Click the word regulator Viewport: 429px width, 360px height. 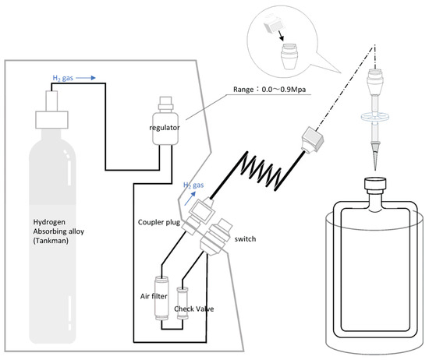tap(165, 128)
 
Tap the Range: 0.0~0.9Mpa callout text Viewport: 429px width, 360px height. tap(270, 90)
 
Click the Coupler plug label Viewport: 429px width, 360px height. tap(158, 222)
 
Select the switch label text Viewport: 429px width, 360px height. tap(245, 239)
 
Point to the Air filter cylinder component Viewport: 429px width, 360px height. tap(161, 298)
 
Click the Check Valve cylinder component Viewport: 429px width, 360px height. tap(183, 303)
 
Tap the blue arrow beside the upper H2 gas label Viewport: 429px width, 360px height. tap(86, 78)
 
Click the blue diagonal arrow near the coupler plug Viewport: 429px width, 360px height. tap(190, 198)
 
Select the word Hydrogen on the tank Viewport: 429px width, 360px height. tap(49, 222)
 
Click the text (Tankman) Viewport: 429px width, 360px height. tap(51, 241)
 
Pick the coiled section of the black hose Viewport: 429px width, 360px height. tap(261, 170)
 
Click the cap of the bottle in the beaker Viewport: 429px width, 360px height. tap(375, 183)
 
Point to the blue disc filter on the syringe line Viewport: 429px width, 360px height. tap(375, 117)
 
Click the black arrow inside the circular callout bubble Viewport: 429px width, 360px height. tap(280, 36)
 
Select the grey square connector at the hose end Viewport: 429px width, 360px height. tap(313, 139)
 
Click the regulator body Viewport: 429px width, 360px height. tap(165, 129)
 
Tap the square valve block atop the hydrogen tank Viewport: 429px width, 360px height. tap(51, 119)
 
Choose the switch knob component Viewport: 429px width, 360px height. tap(216, 236)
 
